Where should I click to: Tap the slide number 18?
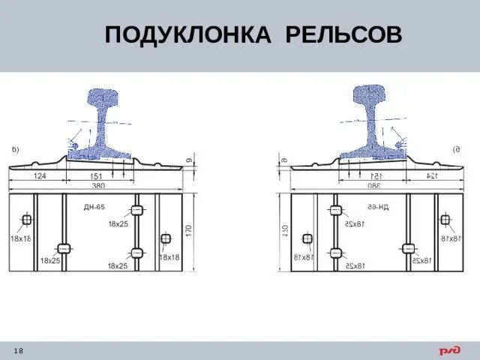click(x=18, y=352)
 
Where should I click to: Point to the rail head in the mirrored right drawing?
click(x=373, y=98)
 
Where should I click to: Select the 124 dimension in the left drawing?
click(x=40, y=176)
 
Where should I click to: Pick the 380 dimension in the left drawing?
click(x=97, y=185)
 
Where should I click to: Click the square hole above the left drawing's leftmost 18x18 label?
click(x=26, y=220)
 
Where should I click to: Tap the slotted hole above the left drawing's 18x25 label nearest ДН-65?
click(x=137, y=209)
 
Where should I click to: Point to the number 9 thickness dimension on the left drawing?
click(x=190, y=160)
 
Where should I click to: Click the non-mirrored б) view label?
click(x=16, y=150)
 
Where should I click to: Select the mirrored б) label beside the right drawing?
click(x=457, y=150)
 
